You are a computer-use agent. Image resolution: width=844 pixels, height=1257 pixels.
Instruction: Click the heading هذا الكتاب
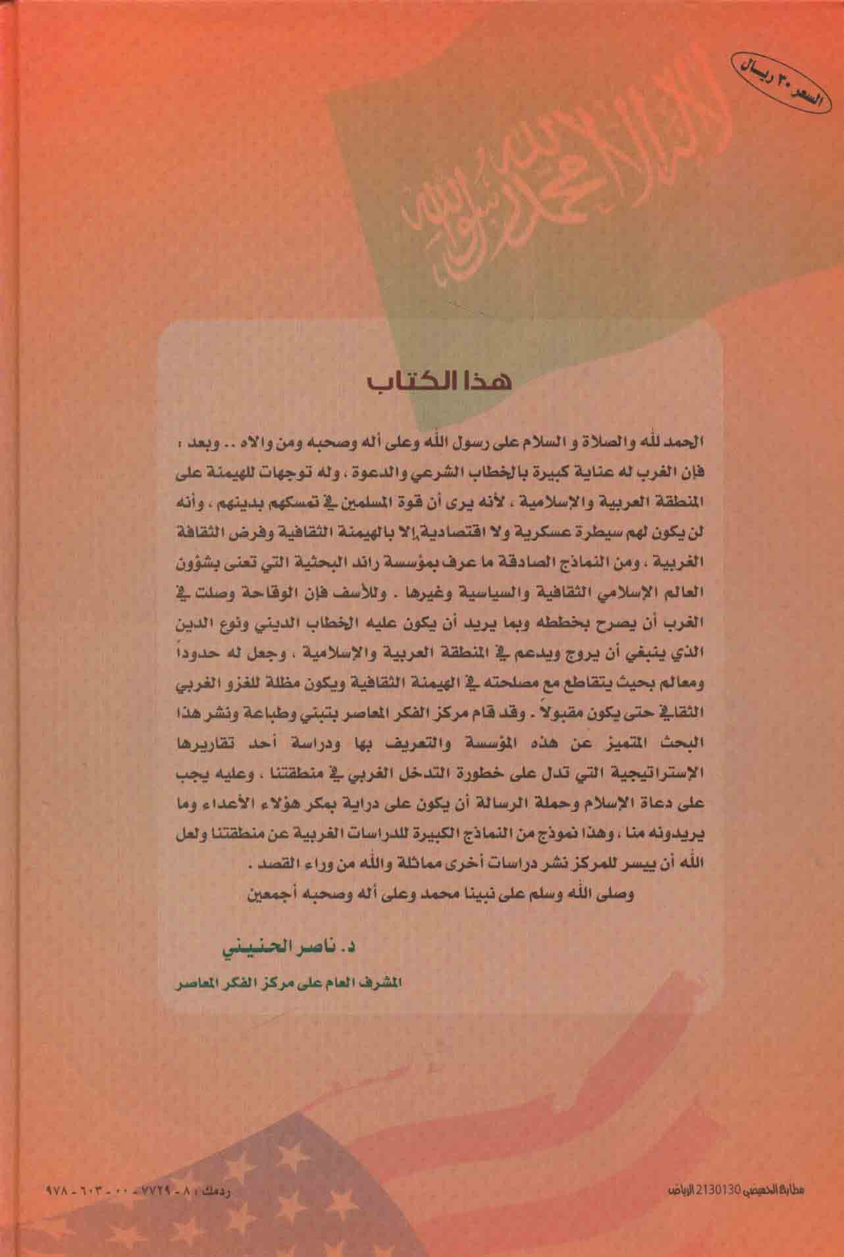point(439,383)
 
